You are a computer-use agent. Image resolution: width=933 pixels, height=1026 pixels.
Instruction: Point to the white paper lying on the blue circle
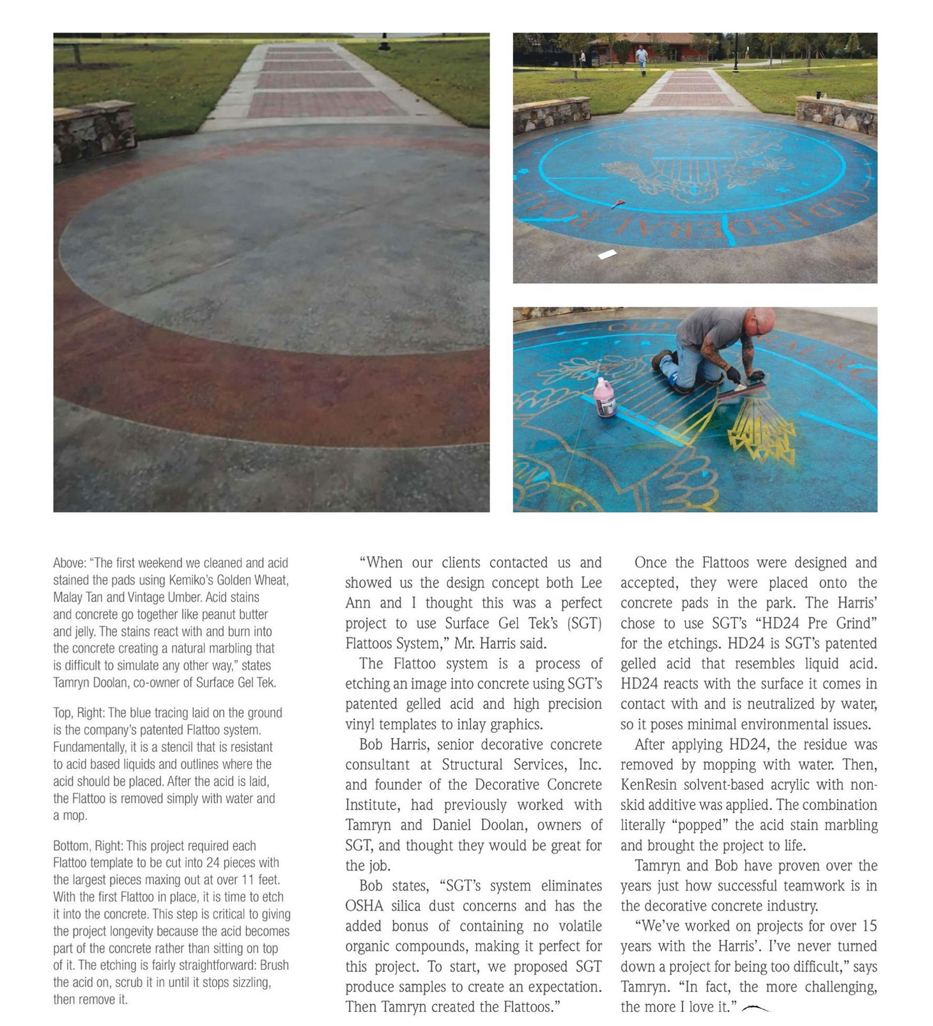(606, 254)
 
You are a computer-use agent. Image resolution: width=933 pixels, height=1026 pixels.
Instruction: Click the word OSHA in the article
(364, 906)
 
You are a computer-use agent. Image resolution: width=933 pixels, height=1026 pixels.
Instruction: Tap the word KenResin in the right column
(647, 784)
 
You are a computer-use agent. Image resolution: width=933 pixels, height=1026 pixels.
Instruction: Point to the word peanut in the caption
(220, 614)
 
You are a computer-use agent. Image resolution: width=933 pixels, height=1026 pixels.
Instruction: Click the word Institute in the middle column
(371, 805)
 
